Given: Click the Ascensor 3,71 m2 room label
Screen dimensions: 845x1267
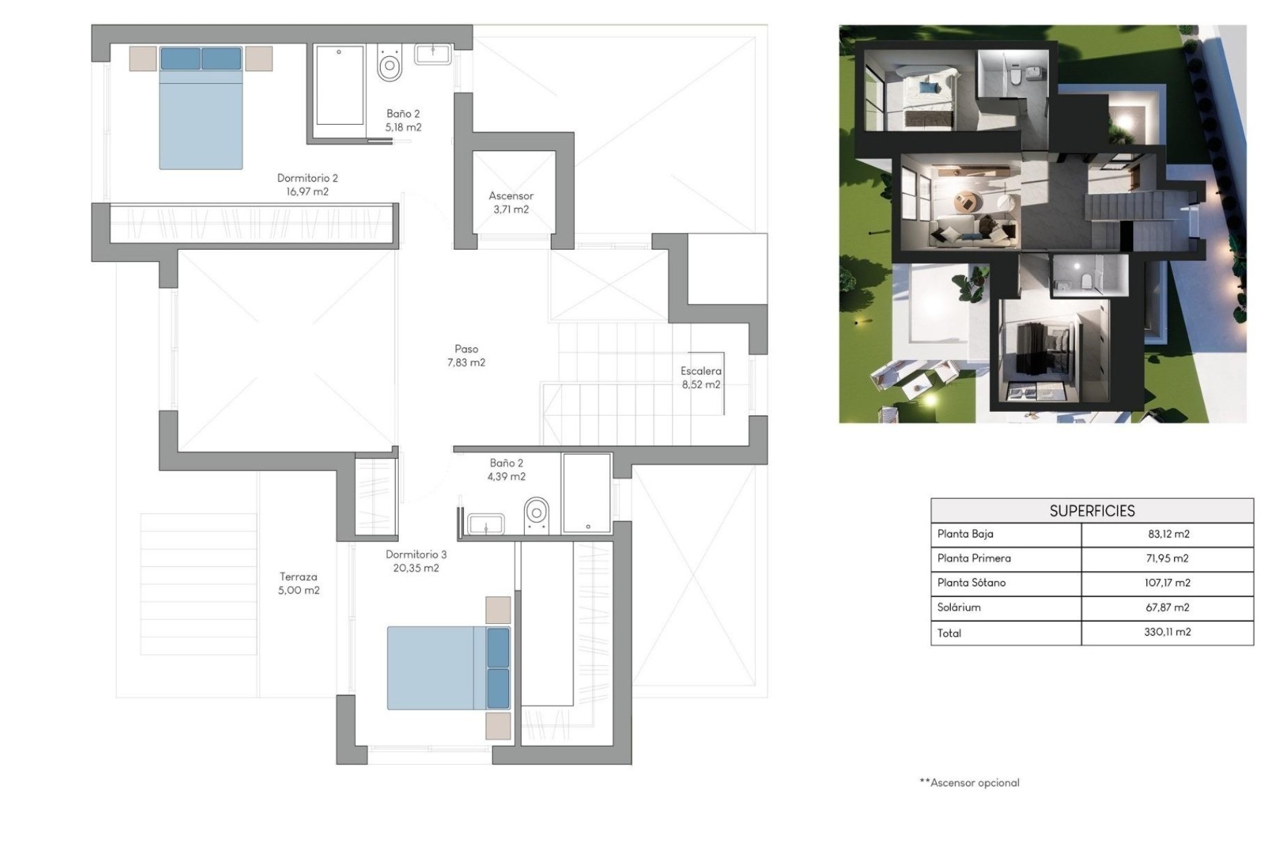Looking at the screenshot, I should (x=511, y=203).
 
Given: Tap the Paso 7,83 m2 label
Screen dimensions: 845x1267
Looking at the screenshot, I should (x=466, y=356).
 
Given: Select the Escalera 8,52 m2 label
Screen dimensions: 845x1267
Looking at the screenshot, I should (x=701, y=378).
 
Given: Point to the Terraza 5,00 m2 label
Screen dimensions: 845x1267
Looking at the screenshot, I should (x=298, y=584).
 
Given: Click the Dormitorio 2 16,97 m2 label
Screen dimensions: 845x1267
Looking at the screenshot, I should (x=307, y=185).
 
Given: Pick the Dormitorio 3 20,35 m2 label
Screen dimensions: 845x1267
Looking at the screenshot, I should (x=416, y=561).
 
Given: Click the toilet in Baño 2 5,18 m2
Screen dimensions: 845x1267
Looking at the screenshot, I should (x=390, y=64).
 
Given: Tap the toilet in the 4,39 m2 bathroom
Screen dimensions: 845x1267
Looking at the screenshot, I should (x=536, y=515).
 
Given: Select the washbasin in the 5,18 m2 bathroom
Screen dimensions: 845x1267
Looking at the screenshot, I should (x=433, y=53).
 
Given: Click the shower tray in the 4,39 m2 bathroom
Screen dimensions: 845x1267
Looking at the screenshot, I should (x=587, y=492).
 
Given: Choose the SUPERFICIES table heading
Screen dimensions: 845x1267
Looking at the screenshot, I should (x=1092, y=511).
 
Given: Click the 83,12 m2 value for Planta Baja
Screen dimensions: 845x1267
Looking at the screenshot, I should (x=1167, y=534).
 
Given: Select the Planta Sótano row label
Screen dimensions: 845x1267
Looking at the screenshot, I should (x=971, y=583).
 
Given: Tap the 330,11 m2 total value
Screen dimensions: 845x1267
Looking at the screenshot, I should (x=1167, y=632).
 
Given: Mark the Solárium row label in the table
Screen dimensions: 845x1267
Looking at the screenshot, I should (x=959, y=607).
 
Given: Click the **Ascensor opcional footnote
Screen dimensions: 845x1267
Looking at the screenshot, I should (x=969, y=783).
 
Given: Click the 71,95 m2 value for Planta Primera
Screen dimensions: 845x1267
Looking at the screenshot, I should (x=1167, y=558).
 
